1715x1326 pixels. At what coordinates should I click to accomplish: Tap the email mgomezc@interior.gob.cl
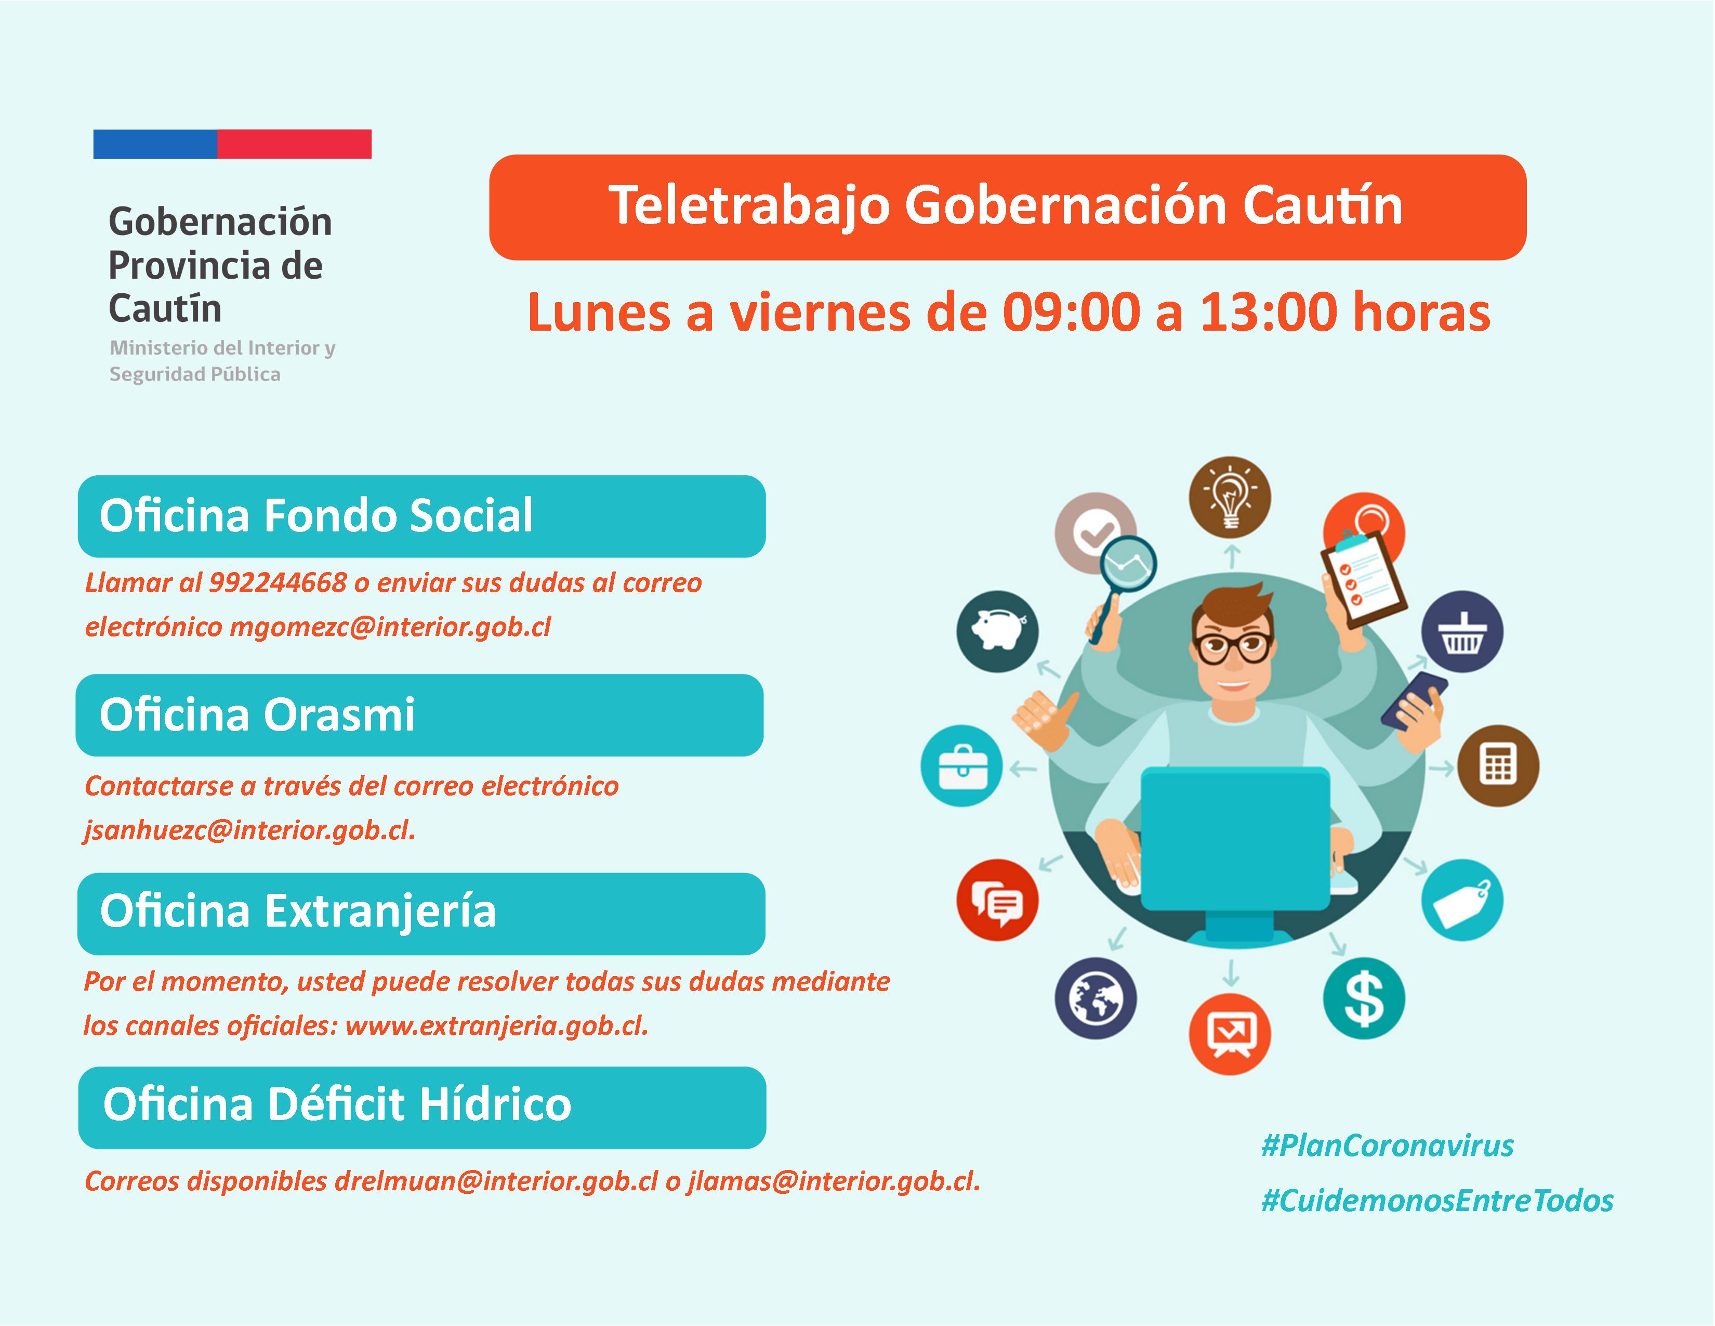pos(390,627)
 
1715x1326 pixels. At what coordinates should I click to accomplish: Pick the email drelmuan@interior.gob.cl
pos(496,1181)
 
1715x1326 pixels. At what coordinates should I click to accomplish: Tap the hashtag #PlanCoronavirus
pos(1387,1146)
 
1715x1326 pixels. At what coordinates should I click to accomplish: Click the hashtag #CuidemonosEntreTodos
pos(1437,1200)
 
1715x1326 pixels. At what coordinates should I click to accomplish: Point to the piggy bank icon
pos(997,631)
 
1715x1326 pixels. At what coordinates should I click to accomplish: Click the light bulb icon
pos(1229,497)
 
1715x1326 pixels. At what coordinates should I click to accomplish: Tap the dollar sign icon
pos(1364,998)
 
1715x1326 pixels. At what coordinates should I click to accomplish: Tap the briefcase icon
pos(961,766)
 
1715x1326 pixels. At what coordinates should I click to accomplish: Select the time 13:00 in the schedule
pos(1268,313)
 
